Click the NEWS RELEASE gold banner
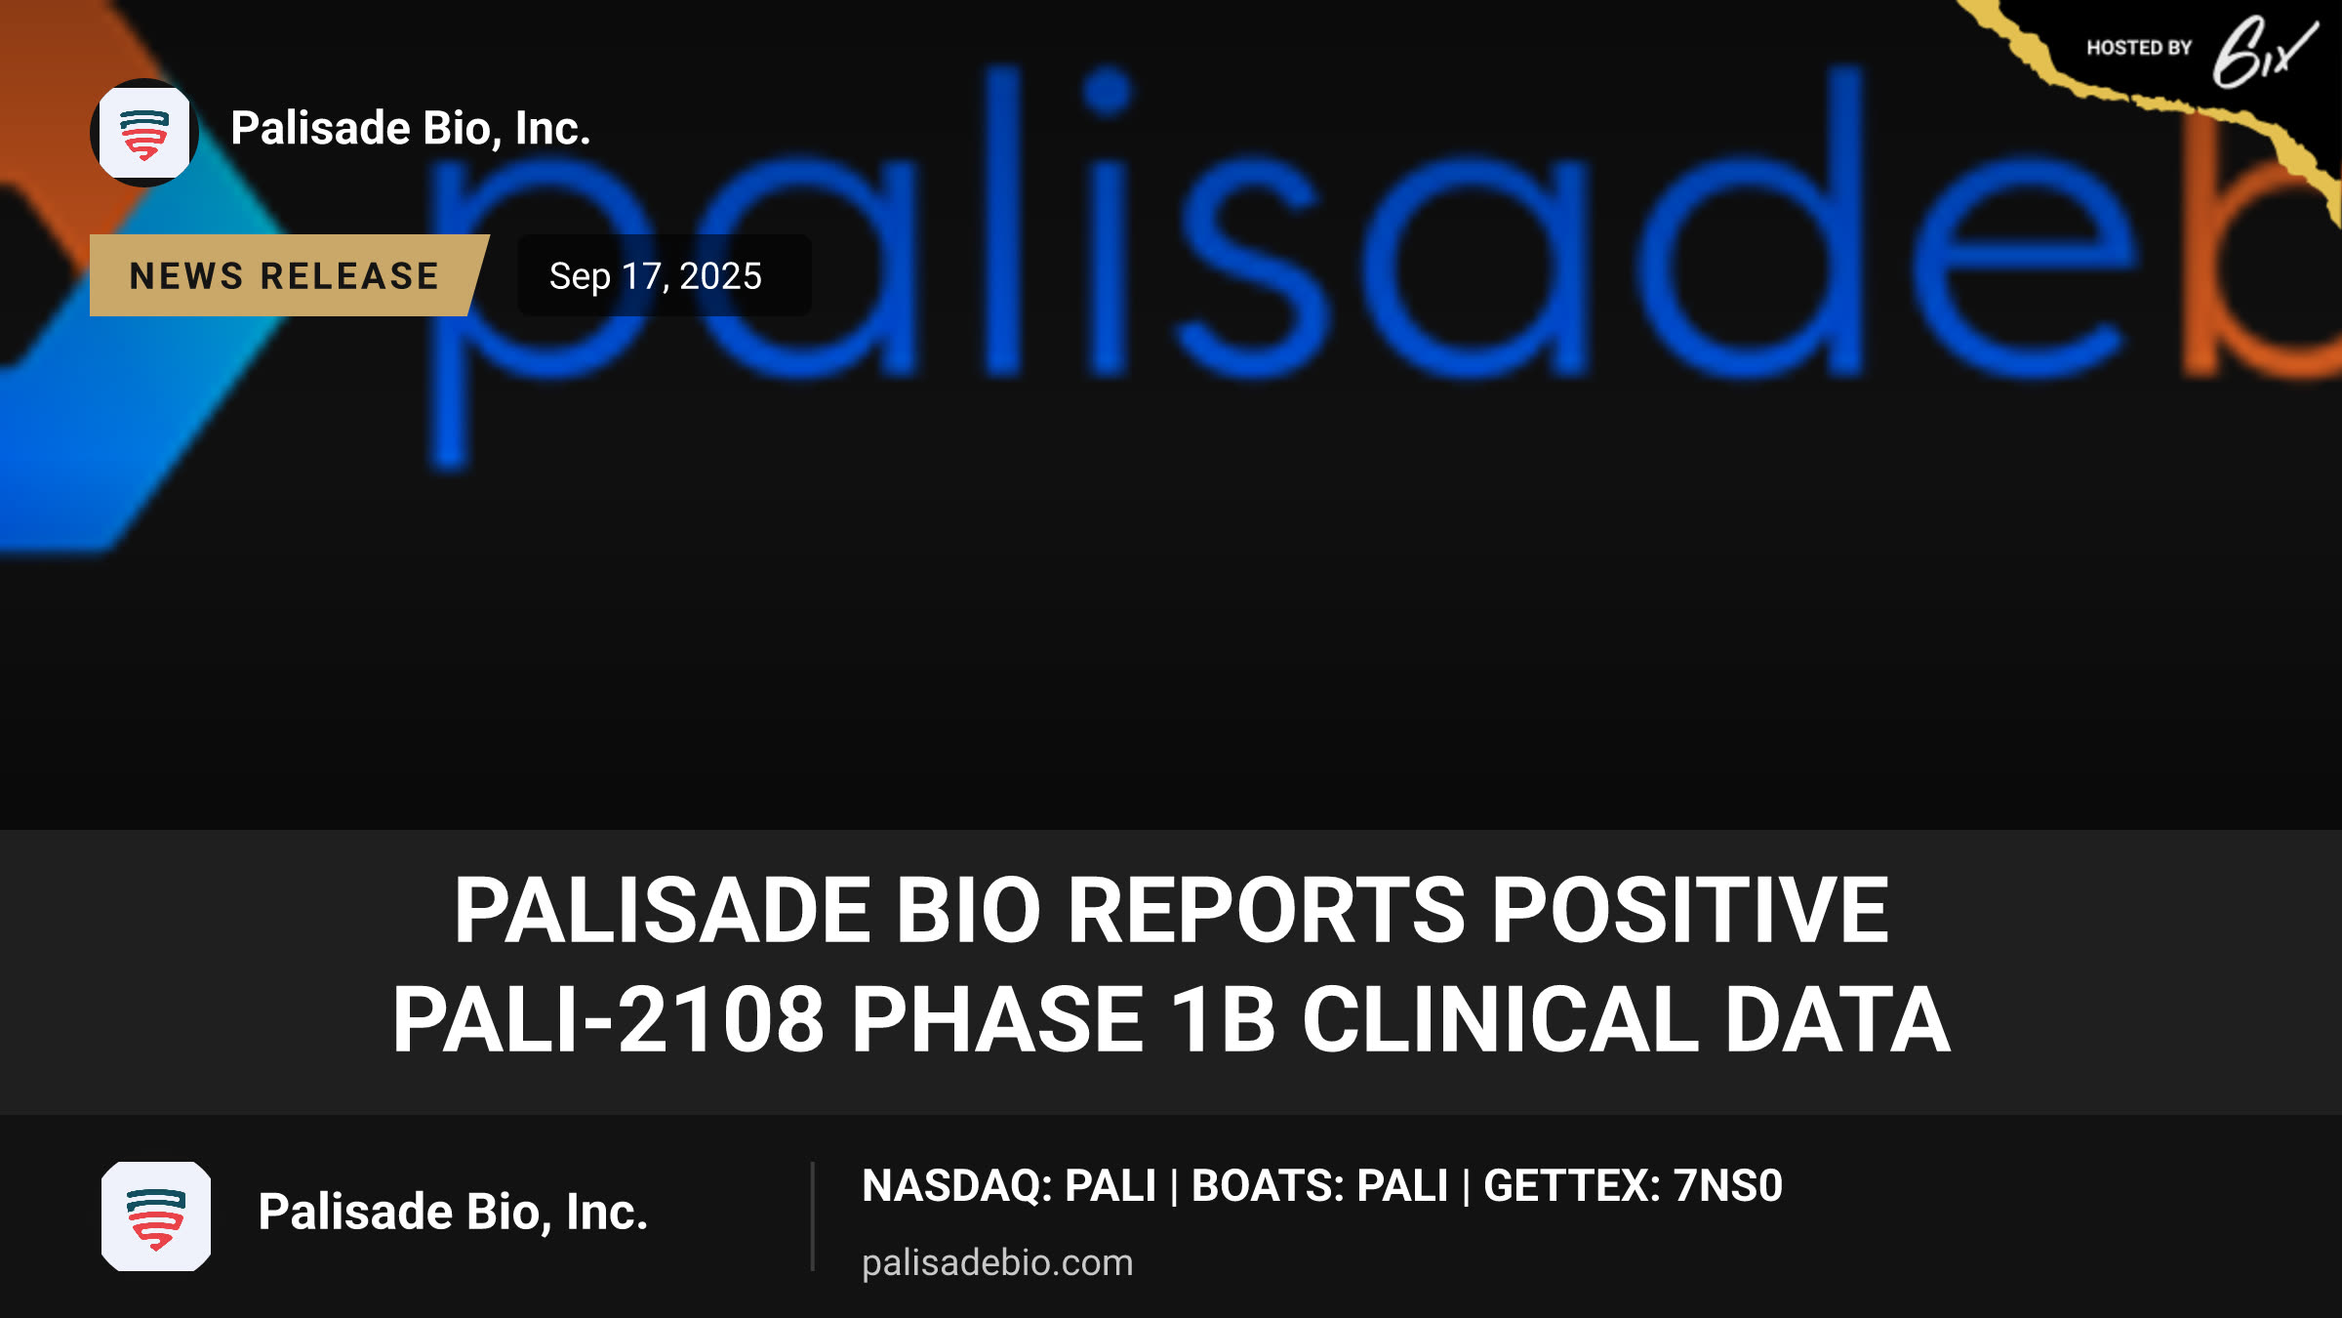pyautogui.click(x=288, y=275)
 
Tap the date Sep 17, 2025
pyautogui.click(x=655, y=276)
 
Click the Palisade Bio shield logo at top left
pyautogui.click(x=144, y=133)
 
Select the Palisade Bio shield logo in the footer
pyautogui.click(x=156, y=1216)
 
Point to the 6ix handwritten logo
pyautogui.click(x=2264, y=53)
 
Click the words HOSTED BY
pyautogui.click(x=2139, y=48)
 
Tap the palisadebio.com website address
pyautogui.click(x=997, y=1262)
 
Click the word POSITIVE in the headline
pyautogui.click(x=1690, y=910)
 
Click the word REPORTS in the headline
pyautogui.click(x=1266, y=910)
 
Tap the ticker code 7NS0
pyautogui.click(x=1728, y=1186)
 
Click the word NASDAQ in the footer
pyautogui.click(x=952, y=1186)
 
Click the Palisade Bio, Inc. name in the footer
pyautogui.click(x=453, y=1212)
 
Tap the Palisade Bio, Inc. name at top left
pyautogui.click(x=411, y=128)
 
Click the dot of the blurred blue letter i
pyautogui.click(x=1108, y=92)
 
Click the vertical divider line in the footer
pyautogui.click(x=812, y=1216)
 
